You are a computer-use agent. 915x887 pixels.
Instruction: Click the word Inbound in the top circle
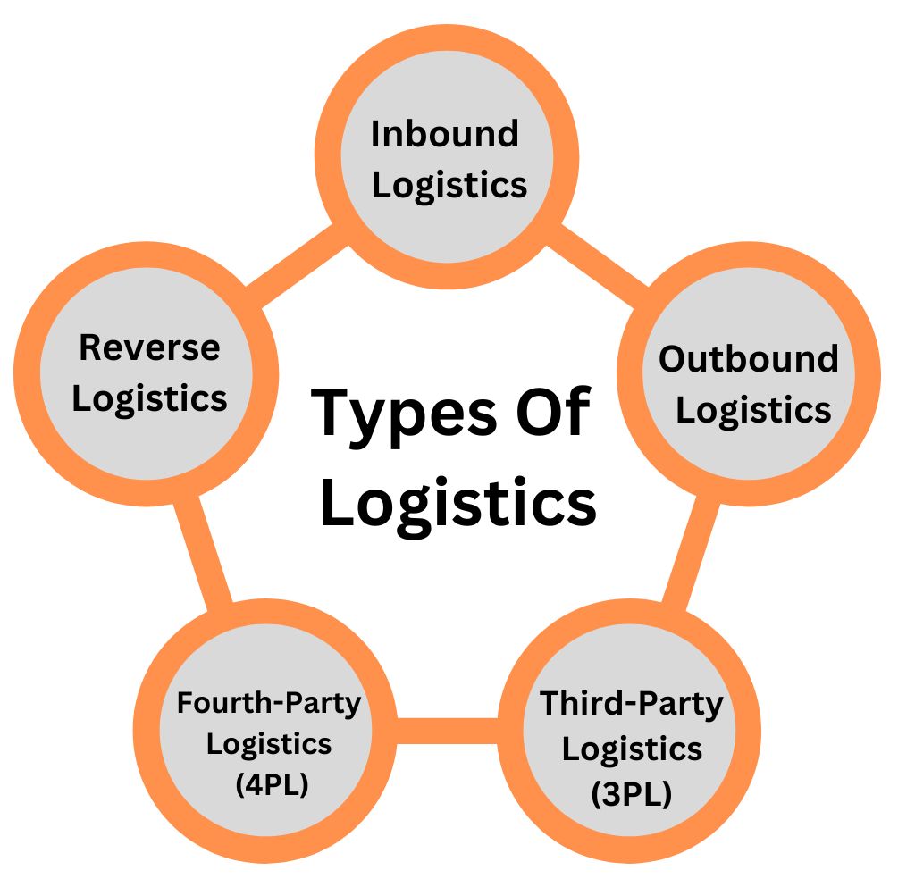click(444, 134)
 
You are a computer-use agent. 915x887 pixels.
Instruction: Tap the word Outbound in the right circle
click(749, 359)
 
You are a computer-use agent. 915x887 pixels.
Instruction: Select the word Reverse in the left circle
click(149, 347)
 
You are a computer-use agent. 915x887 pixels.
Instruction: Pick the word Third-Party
click(631, 704)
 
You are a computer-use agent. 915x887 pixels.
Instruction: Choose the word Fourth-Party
click(269, 702)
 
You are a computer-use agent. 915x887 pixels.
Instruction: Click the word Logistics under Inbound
click(449, 186)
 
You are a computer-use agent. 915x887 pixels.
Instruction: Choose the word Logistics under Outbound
click(753, 410)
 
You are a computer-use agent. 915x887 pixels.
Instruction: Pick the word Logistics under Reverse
click(149, 398)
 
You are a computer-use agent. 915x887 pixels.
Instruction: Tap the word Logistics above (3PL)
click(631, 749)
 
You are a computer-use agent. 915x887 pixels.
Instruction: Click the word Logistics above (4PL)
click(269, 743)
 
